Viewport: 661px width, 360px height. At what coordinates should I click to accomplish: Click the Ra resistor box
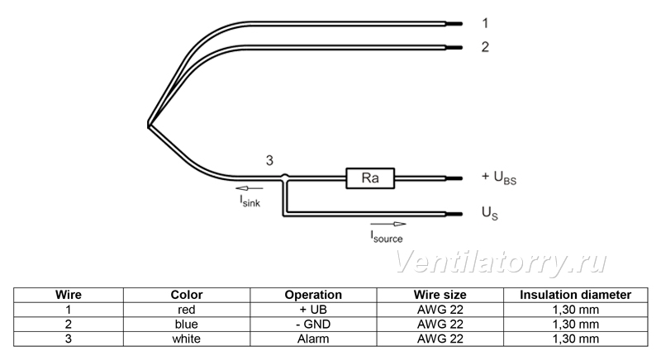click(x=370, y=178)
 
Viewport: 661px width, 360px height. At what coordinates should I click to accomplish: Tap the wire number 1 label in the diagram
click(x=485, y=23)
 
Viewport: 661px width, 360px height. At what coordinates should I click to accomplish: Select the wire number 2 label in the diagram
click(x=485, y=47)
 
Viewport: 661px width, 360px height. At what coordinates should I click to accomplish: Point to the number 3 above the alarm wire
click(x=269, y=160)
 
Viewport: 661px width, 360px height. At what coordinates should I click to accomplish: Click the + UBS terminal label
click(x=499, y=178)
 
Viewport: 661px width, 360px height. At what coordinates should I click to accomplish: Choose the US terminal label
click(x=490, y=213)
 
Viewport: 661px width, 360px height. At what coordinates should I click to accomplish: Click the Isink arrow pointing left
click(x=250, y=188)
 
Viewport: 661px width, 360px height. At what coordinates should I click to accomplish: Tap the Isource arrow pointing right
click(x=388, y=224)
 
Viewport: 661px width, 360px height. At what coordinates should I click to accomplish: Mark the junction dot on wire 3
click(x=285, y=177)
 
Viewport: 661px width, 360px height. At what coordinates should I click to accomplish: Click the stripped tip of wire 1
click(x=454, y=24)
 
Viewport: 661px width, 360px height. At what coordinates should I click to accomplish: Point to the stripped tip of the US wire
click(x=454, y=214)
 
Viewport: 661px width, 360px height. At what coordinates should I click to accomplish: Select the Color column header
click(x=187, y=295)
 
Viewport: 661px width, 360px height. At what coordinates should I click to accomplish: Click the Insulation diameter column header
click(x=575, y=295)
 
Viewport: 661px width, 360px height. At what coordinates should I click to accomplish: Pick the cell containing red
click(x=187, y=310)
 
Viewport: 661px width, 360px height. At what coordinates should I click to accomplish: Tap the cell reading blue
click(x=187, y=324)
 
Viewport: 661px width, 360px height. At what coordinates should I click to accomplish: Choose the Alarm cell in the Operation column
click(x=313, y=339)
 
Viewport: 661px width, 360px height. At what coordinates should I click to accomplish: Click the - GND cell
click(x=313, y=324)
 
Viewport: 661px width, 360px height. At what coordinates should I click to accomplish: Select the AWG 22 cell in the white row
click(x=440, y=339)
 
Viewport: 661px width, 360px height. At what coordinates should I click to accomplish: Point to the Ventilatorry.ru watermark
click(x=501, y=262)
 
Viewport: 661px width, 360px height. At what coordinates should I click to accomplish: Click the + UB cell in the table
click(x=313, y=310)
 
